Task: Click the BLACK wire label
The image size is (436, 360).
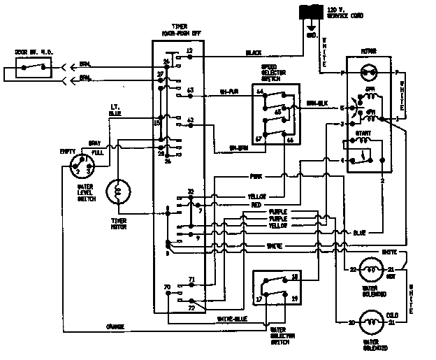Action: [x=254, y=52]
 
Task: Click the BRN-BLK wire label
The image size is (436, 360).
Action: [x=318, y=103]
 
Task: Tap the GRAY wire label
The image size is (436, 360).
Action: [x=93, y=143]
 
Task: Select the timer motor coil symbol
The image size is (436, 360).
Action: [x=118, y=192]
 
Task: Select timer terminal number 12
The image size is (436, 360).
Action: [x=189, y=51]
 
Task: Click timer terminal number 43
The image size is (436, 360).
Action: [x=190, y=90]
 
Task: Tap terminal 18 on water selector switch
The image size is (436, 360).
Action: [x=296, y=277]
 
